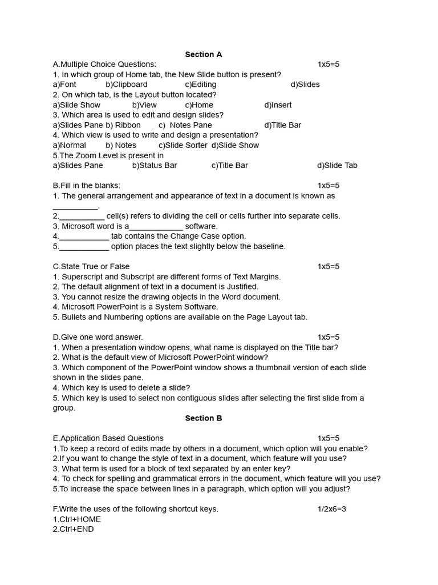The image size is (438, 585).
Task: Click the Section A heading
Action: pyautogui.click(x=204, y=54)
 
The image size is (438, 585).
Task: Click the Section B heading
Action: pyautogui.click(x=204, y=418)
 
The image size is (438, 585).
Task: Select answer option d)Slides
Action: pyautogui.click(x=305, y=85)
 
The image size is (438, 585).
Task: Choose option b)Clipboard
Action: pyautogui.click(x=126, y=85)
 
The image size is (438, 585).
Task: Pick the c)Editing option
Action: pyautogui.click(x=200, y=85)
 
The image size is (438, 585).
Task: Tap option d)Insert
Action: pyautogui.click(x=278, y=105)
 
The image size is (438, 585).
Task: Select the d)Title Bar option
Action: pyautogui.click(x=282, y=125)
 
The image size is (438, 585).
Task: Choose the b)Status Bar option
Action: pyautogui.click(x=155, y=166)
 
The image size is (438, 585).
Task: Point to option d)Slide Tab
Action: pyautogui.click(x=337, y=166)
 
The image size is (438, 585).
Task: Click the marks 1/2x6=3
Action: pyautogui.click(x=332, y=509)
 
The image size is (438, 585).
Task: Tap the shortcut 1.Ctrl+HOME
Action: pyautogui.click(x=77, y=519)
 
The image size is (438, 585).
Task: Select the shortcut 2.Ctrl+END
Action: pyautogui.click(x=74, y=530)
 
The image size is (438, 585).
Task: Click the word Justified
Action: pyautogui.click(x=241, y=287)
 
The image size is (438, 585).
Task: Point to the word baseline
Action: pyautogui.click(x=267, y=247)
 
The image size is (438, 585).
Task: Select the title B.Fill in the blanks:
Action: pyautogui.click(x=87, y=186)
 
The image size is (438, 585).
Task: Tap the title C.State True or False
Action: pyautogui.click(x=91, y=267)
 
